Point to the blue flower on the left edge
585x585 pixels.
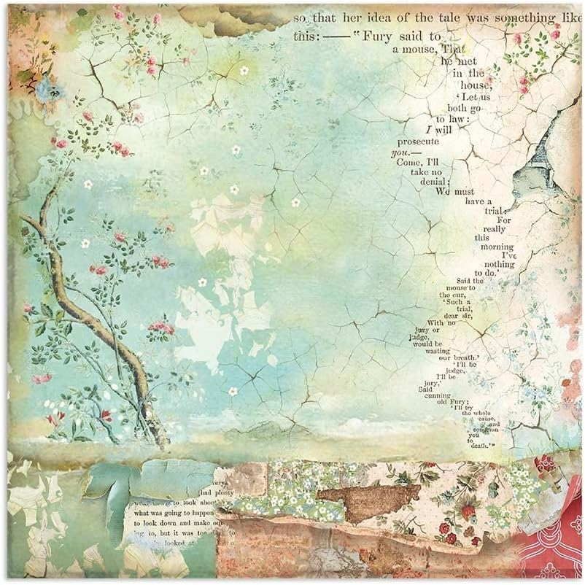tap(49, 88)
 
